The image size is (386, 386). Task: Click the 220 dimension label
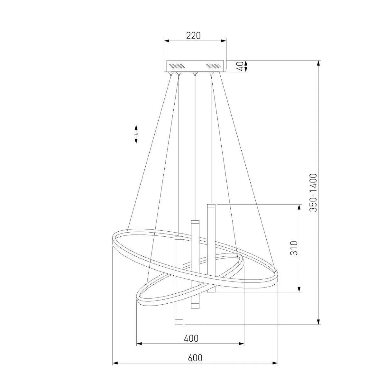[193, 36]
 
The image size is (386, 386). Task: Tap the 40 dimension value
[241, 66]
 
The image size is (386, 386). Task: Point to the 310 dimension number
[294, 248]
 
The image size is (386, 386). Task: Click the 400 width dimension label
[191, 338]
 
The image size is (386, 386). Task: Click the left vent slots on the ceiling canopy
[177, 66]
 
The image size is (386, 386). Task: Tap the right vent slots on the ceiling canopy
[214, 66]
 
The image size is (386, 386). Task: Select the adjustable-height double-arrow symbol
[136, 134]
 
